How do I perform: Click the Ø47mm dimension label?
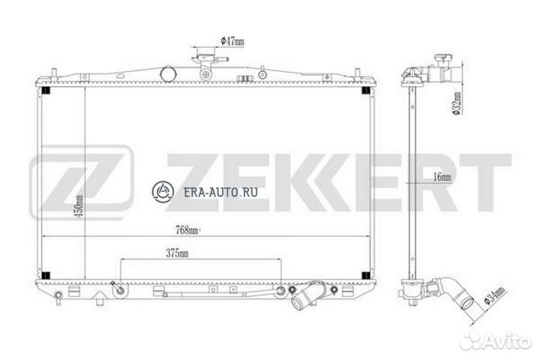coord(232,41)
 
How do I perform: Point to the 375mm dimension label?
coord(178,254)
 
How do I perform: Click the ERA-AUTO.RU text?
coord(221,191)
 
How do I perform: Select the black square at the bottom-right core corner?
coord(366,273)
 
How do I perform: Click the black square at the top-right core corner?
coord(366,91)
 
